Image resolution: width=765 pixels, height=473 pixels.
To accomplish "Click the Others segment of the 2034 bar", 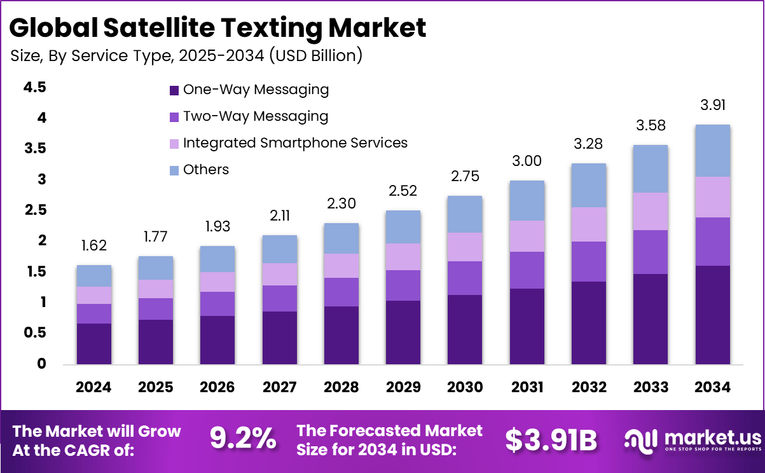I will (x=712, y=151).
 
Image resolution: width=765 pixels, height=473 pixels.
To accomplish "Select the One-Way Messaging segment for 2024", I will (x=94, y=343).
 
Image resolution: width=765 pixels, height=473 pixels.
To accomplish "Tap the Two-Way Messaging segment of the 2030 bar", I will (x=465, y=278).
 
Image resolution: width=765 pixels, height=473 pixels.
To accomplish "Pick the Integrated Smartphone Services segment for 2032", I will (x=588, y=224).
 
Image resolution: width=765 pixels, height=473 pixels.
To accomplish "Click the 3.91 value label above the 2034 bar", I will (x=713, y=105).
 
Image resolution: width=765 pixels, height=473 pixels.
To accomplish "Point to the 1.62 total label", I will (x=94, y=246).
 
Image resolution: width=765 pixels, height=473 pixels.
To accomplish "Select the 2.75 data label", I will (x=465, y=176).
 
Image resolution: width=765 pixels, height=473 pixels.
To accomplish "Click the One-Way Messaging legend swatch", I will (x=174, y=90).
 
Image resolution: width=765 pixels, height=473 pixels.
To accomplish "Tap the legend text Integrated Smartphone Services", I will (x=295, y=142).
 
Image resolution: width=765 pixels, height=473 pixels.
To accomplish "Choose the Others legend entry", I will (x=205, y=170).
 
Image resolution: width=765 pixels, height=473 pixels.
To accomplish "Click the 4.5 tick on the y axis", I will (x=34, y=87).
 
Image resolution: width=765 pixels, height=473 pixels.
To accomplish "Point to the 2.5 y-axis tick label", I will (x=34, y=210).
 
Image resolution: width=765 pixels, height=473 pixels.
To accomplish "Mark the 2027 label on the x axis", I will (x=279, y=387).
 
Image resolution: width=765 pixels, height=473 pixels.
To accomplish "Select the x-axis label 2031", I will (x=527, y=387).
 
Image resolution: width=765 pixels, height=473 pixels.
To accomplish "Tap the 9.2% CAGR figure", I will (x=243, y=438).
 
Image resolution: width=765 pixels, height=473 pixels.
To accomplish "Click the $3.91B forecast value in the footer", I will (x=551, y=439).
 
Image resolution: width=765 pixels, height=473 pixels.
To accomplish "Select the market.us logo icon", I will (x=640, y=439).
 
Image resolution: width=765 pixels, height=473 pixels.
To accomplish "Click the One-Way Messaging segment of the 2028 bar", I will (x=341, y=335).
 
